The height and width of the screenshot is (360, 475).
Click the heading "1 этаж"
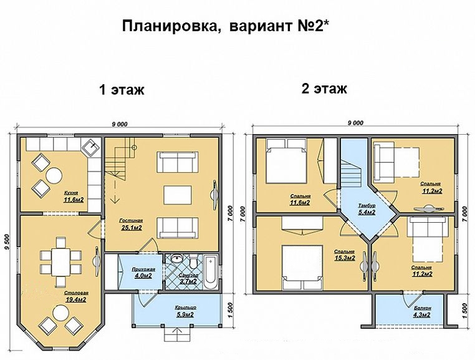coord(122,90)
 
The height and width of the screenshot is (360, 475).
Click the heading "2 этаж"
coord(324,88)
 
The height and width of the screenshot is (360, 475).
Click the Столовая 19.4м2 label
coord(75,296)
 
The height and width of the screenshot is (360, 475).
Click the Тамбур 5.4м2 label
coord(367,209)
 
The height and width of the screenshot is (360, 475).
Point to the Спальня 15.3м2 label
coord(344,255)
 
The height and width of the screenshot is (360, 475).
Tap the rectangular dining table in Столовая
coord(60,256)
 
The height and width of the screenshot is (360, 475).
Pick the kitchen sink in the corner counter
coord(91,148)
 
